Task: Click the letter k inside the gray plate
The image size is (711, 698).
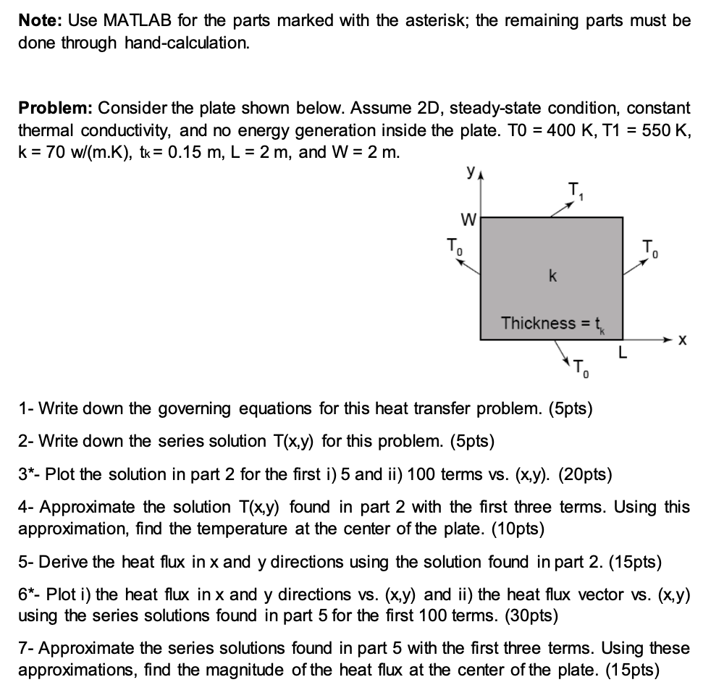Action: tap(552, 277)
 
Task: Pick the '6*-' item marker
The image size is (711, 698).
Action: tap(30, 594)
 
